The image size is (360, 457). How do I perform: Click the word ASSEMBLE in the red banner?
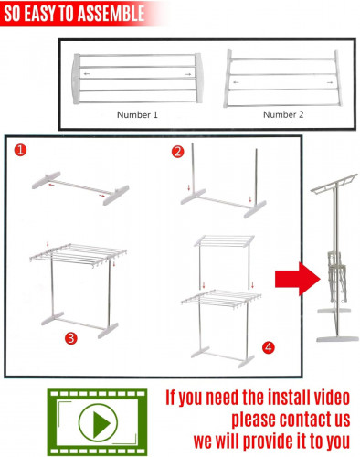point(111,13)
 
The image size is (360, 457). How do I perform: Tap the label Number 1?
point(137,115)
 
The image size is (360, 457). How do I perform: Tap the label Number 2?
point(283,114)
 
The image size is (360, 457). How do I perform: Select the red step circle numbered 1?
point(20,150)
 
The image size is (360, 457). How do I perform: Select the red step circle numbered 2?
point(178,152)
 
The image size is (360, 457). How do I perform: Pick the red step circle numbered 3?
point(71,338)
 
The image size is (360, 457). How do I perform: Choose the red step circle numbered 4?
point(269,347)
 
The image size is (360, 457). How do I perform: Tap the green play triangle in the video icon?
point(101,423)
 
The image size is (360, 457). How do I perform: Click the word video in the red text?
point(332,398)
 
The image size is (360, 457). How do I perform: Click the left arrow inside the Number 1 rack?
point(87,74)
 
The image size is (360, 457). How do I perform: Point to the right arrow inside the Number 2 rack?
point(330,82)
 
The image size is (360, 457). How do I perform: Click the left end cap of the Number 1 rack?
point(76,79)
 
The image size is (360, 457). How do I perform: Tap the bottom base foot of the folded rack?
point(337,338)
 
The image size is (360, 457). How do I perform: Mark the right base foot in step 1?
point(116,195)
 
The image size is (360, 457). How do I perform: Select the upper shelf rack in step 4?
point(224,240)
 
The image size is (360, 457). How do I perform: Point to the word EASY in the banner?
point(41,13)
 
